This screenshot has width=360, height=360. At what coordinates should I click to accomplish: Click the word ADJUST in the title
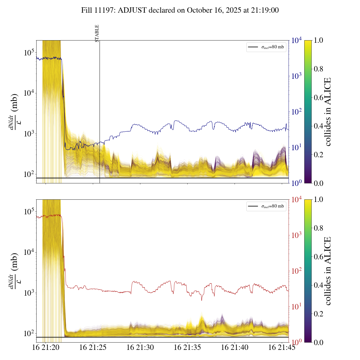132,10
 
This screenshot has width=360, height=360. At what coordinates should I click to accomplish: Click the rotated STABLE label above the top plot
97,33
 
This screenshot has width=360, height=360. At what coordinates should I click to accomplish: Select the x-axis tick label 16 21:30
140,347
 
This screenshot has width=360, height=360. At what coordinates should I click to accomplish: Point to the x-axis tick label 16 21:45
282,347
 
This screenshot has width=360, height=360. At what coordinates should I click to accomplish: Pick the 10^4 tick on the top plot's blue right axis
297,40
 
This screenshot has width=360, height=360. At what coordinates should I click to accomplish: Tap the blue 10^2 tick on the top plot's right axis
297,112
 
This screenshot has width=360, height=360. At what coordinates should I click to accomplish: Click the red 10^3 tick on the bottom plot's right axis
297,235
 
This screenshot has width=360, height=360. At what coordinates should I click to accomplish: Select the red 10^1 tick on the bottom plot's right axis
297,306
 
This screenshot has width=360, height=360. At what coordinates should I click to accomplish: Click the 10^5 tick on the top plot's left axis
29,53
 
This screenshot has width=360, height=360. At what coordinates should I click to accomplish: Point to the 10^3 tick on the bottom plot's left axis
29,293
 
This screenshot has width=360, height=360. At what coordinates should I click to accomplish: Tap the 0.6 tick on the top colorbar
318,98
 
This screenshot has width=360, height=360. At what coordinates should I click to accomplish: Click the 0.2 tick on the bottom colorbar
318,314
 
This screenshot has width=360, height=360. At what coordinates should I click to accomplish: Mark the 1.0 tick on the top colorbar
318,40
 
